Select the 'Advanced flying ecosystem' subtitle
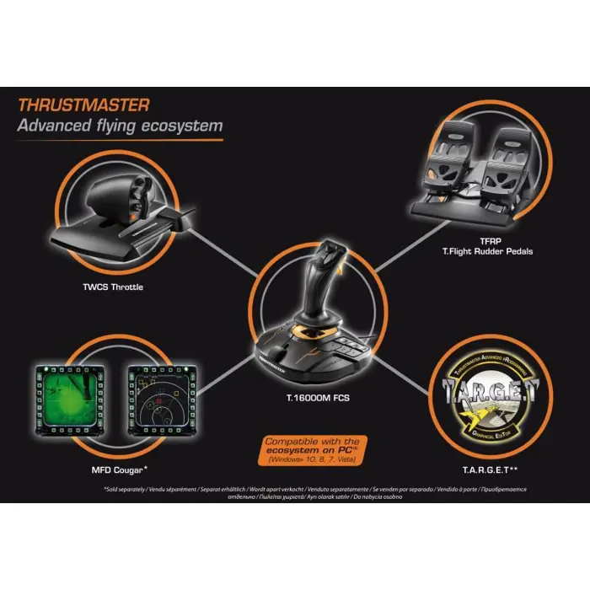pos(121,126)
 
